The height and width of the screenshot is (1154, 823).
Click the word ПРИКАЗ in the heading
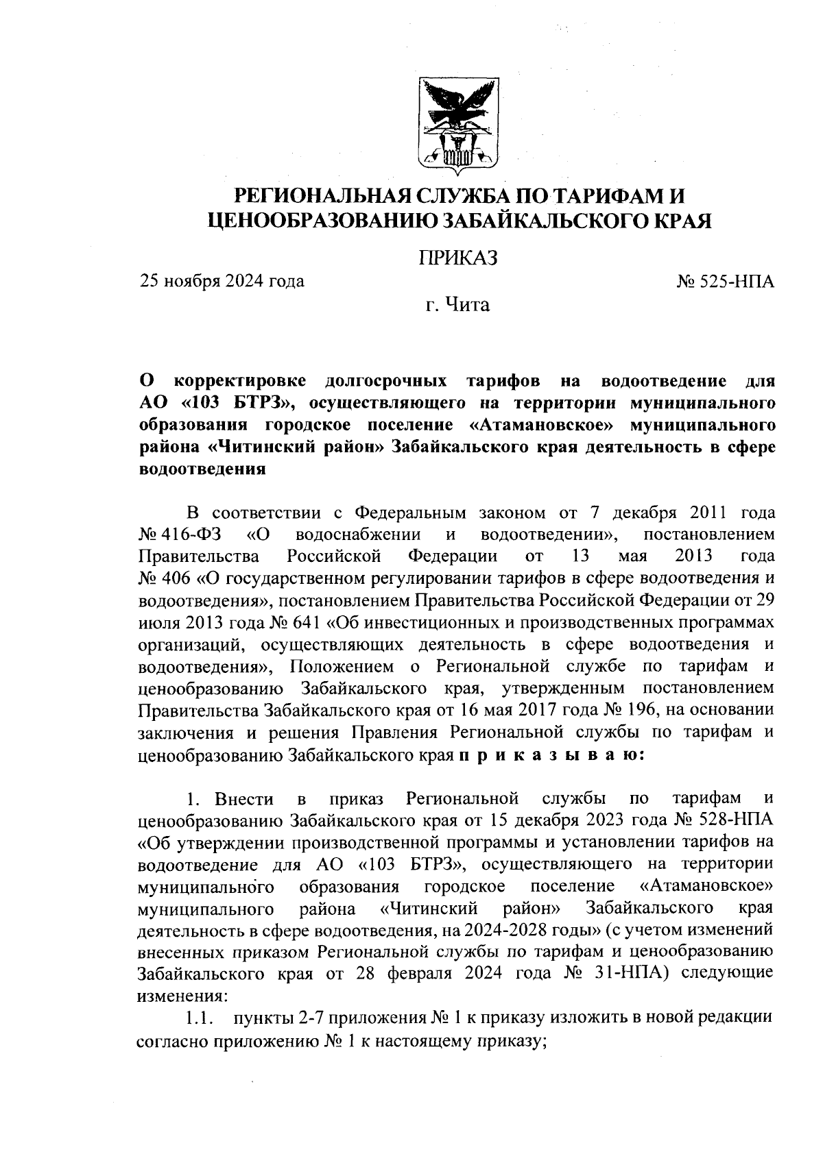(x=457, y=258)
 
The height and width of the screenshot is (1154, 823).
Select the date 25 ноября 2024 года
(x=222, y=281)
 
